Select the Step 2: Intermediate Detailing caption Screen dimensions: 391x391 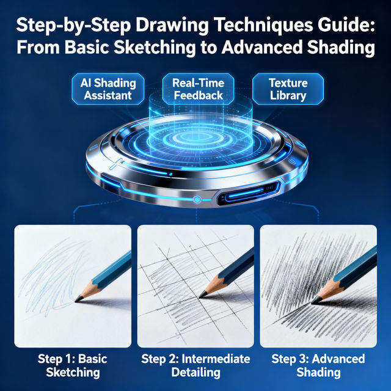point(195,365)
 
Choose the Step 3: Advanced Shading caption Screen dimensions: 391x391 point(318,365)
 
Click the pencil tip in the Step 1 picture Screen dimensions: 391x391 point(78,299)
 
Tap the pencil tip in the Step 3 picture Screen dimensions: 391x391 point(313,300)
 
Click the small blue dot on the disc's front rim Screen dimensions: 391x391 point(197,199)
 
